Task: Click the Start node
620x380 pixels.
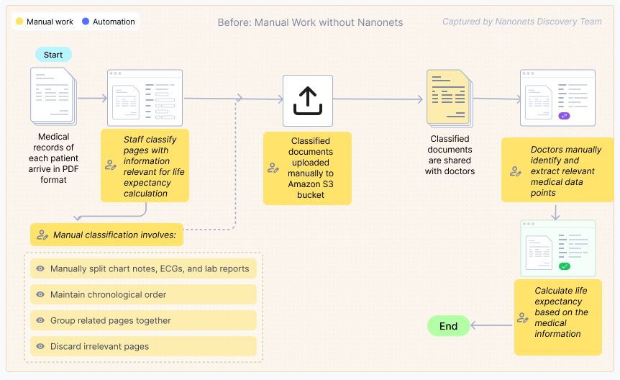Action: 53,55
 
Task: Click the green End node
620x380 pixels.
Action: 448,326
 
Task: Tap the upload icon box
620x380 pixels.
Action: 307,100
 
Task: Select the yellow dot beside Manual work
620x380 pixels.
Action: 19,22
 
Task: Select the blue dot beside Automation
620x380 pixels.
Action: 86,22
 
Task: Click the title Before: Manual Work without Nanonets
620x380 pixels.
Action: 310,22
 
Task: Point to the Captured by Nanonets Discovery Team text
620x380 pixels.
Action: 522,22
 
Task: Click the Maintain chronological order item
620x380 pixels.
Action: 143,294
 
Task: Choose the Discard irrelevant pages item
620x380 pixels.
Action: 143,346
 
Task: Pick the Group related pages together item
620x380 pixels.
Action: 143,320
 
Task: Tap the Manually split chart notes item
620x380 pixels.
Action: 143,269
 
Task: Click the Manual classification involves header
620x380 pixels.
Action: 107,235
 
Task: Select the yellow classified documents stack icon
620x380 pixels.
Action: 449,98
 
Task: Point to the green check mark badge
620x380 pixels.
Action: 565,266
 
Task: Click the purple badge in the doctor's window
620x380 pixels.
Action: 565,116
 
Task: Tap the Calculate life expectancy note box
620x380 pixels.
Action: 558,317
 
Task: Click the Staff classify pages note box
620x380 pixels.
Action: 145,166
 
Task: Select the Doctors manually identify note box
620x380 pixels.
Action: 551,171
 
